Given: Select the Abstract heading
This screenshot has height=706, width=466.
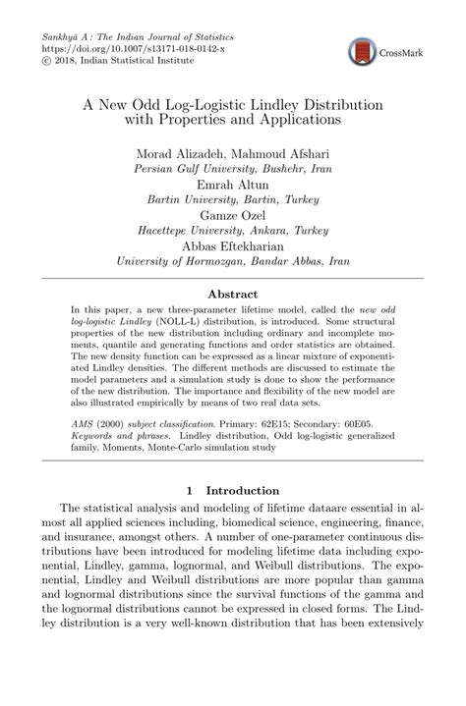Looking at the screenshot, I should coord(232,294).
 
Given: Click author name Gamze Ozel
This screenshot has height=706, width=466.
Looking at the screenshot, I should coord(233,213).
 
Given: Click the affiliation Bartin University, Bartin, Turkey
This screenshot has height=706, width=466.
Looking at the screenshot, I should coord(233,197).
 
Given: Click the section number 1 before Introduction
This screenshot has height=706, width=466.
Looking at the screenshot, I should coord(189,489).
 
